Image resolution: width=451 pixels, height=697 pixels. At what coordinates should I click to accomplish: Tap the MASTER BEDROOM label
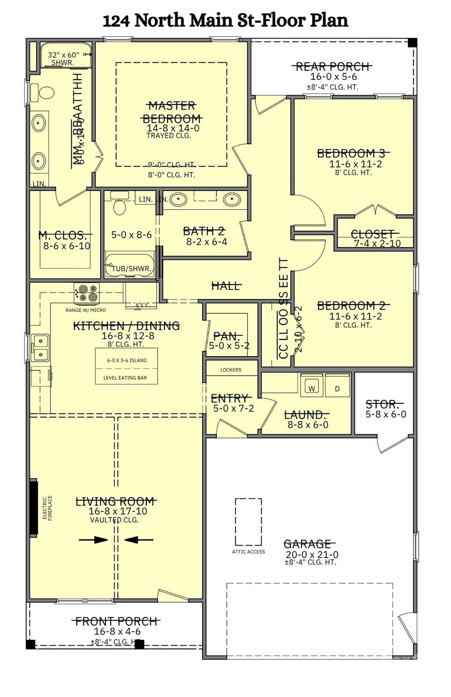pos(172,112)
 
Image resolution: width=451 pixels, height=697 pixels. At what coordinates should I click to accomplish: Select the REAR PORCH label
pos(333,67)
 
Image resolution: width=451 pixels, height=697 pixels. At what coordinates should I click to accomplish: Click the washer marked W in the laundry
pos(312,388)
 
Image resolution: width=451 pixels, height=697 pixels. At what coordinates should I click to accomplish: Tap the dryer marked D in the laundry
pos(337,388)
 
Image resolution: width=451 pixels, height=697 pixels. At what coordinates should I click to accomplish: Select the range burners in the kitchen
pos(87,293)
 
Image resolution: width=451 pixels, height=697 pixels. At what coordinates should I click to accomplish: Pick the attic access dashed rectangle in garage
pos(248,522)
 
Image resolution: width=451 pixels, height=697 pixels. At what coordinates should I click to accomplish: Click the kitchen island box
pos(126,366)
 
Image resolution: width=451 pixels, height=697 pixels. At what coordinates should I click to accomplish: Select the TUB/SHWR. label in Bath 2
pos(131,269)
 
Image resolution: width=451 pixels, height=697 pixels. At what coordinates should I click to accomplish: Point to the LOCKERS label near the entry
pos(231,370)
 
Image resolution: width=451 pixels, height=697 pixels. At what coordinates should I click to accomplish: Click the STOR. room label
pos(384,404)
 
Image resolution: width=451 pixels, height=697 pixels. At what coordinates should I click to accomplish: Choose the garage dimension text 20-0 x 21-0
pos(312,555)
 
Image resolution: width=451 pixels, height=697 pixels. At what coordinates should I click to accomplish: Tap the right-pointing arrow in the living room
pos(93,540)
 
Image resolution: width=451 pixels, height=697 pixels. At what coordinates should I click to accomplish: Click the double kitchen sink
pos(40,347)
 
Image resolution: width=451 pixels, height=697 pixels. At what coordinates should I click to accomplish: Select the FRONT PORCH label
pos(117,621)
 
